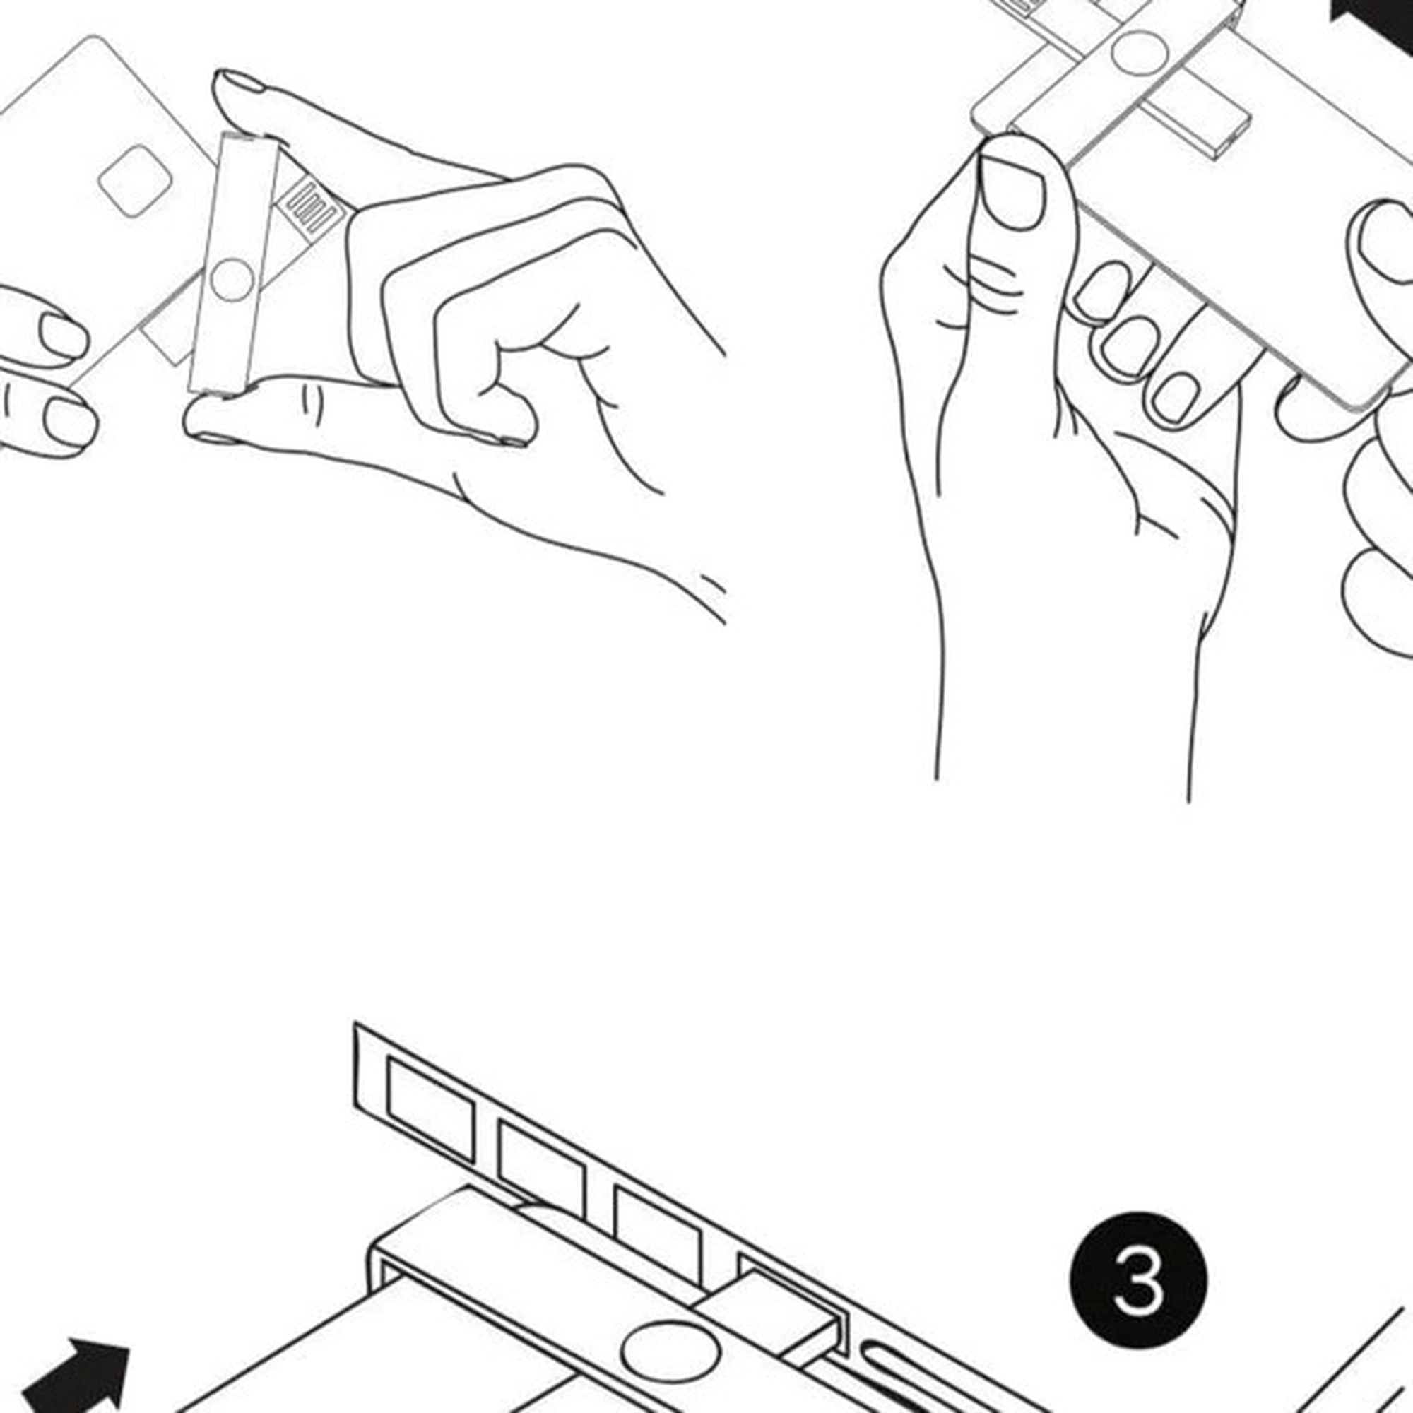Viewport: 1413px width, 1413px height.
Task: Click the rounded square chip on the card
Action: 136,181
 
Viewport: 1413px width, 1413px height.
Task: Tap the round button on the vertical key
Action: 232,279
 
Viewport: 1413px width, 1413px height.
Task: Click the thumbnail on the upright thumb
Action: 1013,192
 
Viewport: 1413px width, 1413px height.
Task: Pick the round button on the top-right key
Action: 1139,53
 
